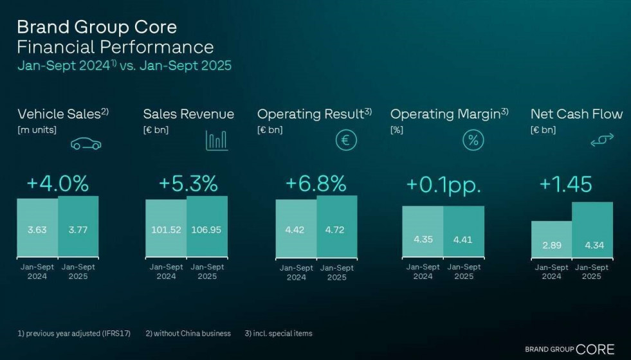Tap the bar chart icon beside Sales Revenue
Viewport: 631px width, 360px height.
[216, 140]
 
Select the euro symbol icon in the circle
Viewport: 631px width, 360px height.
[345, 139]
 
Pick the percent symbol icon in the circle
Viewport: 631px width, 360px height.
[473, 139]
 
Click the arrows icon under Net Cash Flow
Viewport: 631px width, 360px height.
[602, 139]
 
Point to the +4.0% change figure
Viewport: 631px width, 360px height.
[57, 184]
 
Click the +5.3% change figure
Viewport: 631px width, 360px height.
[188, 184]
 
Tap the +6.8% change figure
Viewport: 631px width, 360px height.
[315, 184]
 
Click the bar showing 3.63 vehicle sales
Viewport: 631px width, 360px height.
[37, 229]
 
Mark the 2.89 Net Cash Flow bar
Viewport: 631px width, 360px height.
[551, 239]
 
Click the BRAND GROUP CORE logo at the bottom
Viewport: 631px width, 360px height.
[569, 349]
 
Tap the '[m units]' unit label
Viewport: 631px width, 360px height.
[37, 130]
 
